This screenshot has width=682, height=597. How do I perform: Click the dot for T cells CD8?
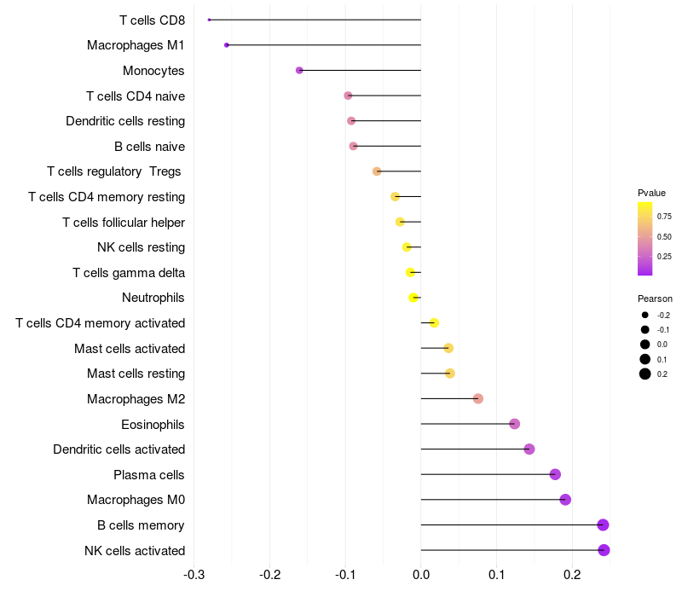209,20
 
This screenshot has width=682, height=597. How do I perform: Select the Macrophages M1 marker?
227,45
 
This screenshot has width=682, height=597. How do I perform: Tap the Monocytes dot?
299,70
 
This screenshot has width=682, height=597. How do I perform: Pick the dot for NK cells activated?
604,550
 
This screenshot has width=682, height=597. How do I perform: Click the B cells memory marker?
603,525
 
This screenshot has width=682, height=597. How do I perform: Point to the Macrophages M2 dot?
478,398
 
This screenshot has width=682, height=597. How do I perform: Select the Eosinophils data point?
515,424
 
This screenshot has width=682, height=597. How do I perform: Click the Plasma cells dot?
555,474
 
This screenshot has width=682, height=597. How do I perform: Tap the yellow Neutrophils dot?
413,298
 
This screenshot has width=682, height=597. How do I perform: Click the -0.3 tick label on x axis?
194,575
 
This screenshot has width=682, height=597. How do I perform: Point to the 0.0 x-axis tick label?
421,575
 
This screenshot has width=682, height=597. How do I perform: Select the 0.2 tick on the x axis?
572,575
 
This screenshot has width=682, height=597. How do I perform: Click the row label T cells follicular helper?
124,223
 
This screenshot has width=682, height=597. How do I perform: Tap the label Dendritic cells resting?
125,121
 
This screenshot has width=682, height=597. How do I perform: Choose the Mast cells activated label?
130,349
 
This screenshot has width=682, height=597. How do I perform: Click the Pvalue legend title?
651,193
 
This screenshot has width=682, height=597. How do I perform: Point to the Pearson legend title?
655,298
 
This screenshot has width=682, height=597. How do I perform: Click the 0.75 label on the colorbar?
664,217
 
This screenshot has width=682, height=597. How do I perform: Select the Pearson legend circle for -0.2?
645,315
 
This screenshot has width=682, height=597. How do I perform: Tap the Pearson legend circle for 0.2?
645,374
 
